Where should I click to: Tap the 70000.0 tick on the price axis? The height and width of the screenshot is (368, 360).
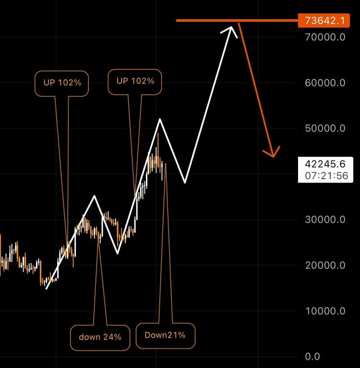325,37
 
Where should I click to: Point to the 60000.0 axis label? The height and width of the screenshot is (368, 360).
325,83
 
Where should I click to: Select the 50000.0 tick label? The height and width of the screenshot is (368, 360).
325,128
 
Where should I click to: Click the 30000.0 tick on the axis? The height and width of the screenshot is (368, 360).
325,220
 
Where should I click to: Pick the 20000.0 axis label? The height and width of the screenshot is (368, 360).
325,265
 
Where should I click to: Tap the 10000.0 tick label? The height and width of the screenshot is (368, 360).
325,311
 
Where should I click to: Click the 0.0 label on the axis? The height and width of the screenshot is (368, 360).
312,356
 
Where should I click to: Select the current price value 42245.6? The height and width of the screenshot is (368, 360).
325,164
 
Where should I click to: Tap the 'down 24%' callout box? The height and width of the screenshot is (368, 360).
100,337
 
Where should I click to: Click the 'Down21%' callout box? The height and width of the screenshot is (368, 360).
165,335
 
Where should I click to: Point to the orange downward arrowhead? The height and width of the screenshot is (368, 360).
273,153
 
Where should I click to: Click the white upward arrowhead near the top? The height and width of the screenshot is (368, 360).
229,30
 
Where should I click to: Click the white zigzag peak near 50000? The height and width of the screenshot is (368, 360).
160,119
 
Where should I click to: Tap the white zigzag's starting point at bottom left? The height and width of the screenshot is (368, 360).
47,289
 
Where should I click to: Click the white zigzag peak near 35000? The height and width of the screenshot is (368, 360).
95,196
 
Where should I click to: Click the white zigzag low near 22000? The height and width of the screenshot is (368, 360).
117,253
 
